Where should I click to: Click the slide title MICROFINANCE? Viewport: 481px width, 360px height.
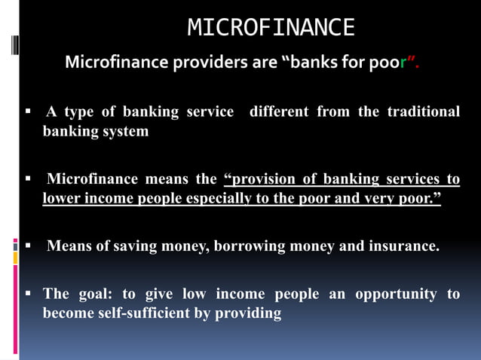tap(271, 28)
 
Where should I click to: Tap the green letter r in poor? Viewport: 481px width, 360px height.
tap(403, 63)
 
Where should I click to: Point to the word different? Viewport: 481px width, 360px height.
tap(279, 111)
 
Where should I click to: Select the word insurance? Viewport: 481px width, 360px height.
tap(403, 246)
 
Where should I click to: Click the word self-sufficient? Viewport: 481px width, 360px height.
tap(138, 313)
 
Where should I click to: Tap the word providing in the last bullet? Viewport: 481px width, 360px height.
tap(248, 313)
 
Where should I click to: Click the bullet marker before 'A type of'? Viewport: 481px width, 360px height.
tap(27, 111)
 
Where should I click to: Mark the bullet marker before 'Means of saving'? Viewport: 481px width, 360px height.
tap(27, 246)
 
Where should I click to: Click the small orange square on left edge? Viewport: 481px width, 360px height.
tap(15, 258)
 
